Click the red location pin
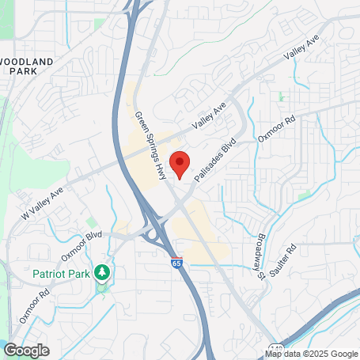(x=180, y=164)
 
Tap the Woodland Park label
(x=28, y=66)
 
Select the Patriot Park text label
(x=60, y=274)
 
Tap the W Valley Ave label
(x=42, y=203)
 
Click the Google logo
(x=26, y=350)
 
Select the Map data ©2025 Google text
(x=312, y=354)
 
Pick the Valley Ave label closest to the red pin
(x=210, y=117)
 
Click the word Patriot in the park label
(x=47, y=274)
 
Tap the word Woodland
(x=28, y=61)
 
